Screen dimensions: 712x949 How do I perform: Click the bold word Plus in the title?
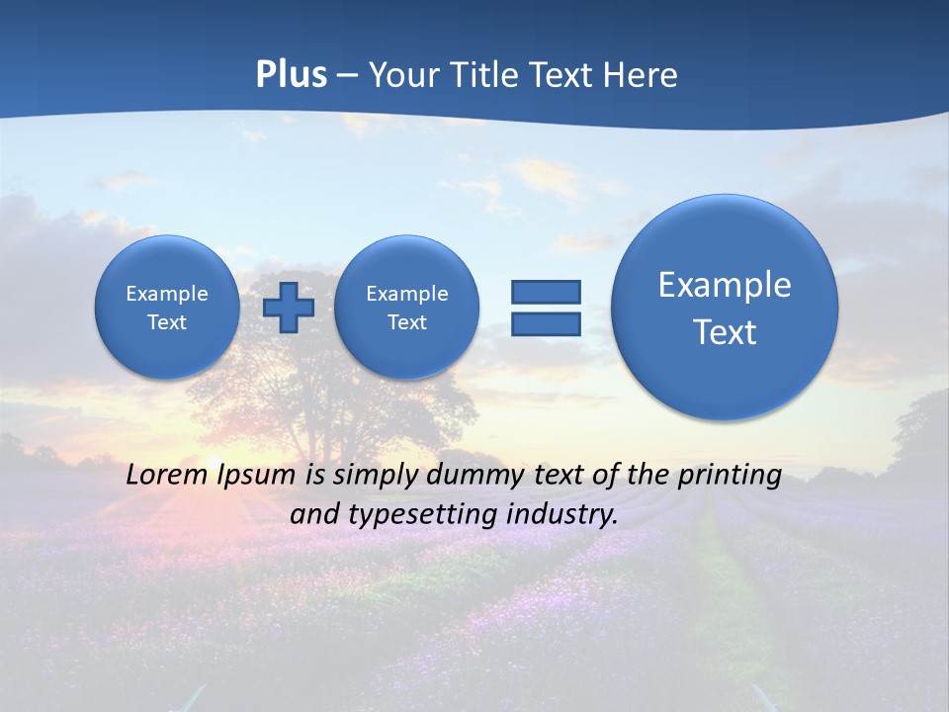click(x=291, y=75)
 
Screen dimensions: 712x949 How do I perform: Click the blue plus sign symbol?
click(x=289, y=307)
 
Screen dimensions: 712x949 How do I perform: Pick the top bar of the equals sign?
click(x=546, y=292)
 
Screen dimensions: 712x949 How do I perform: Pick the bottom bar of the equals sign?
click(x=546, y=324)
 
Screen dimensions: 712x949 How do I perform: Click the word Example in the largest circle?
click(x=725, y=285)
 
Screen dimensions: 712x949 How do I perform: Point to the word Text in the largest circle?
click(x=725, y=332)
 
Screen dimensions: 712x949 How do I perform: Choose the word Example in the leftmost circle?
click(x=167, y=294)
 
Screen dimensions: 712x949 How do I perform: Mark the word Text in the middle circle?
click(x=406, y=322)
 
